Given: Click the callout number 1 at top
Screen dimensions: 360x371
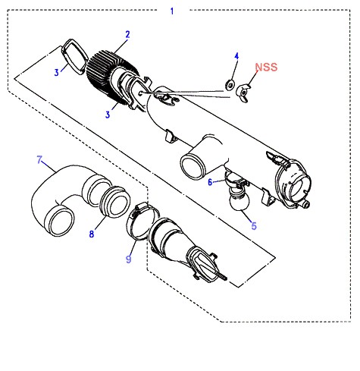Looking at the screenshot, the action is point(172,11).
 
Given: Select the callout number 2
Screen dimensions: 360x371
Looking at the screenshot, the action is point(127,34).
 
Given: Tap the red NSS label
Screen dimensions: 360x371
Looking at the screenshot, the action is point(266,67).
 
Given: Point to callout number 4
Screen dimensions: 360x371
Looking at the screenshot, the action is point(236,56).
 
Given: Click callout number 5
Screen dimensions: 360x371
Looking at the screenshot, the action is point(254,225).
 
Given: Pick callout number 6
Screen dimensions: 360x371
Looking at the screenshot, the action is point(210,182).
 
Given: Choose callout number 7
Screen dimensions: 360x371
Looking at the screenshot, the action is point(39,160).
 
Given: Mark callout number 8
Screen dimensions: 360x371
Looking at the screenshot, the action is point(92,234).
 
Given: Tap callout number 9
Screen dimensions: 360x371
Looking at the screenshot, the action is point(129,259).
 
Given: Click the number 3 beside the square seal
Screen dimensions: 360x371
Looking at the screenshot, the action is point(57,72).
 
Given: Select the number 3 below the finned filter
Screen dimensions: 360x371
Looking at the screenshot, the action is point(108,115).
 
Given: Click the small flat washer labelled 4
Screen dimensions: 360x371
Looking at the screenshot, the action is point(230,85).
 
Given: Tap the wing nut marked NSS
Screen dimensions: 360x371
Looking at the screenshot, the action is point(243,93).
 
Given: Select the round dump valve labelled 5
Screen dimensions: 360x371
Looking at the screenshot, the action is point(239,200).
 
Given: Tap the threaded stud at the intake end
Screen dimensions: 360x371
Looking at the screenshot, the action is point(221,276).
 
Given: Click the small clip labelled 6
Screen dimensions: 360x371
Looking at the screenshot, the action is point(235,180).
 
